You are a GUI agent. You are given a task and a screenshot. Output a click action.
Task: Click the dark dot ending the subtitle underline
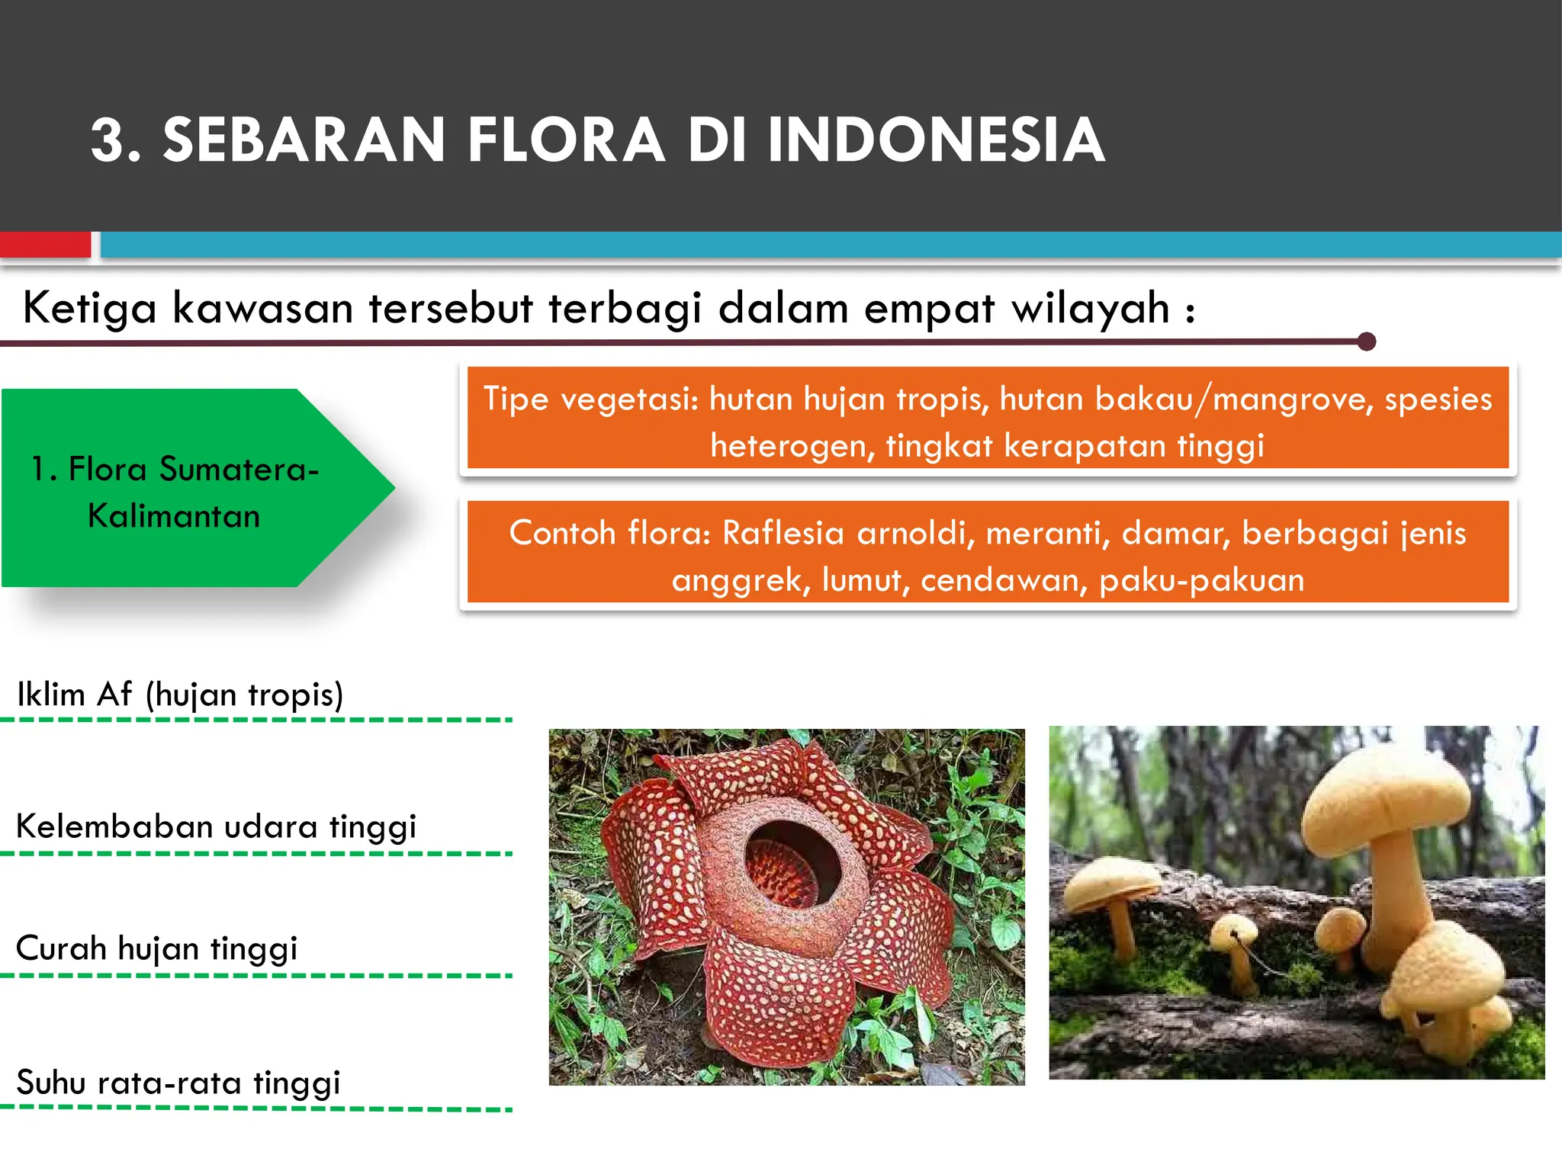pyautogui.click(x=1367, y=342)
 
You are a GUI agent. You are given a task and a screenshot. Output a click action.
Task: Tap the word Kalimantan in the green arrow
pyautogui.click(x=174, y=517)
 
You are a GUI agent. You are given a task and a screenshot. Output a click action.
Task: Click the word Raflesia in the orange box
pyautogui.click(x=783, y=533)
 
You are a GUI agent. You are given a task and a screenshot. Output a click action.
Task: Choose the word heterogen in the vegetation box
pyautogui.click(x=792, y=446)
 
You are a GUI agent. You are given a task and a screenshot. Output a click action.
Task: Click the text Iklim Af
pyautogui.click(x=74, y=695)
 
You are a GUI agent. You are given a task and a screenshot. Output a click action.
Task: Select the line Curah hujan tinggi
pyautogui.click(x=156, y=949)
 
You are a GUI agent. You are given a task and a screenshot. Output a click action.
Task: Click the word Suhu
pyautogui.click(x=50, y=1083)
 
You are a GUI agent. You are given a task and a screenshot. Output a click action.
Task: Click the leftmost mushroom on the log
pyautogui.click(x=1114, y=888)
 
